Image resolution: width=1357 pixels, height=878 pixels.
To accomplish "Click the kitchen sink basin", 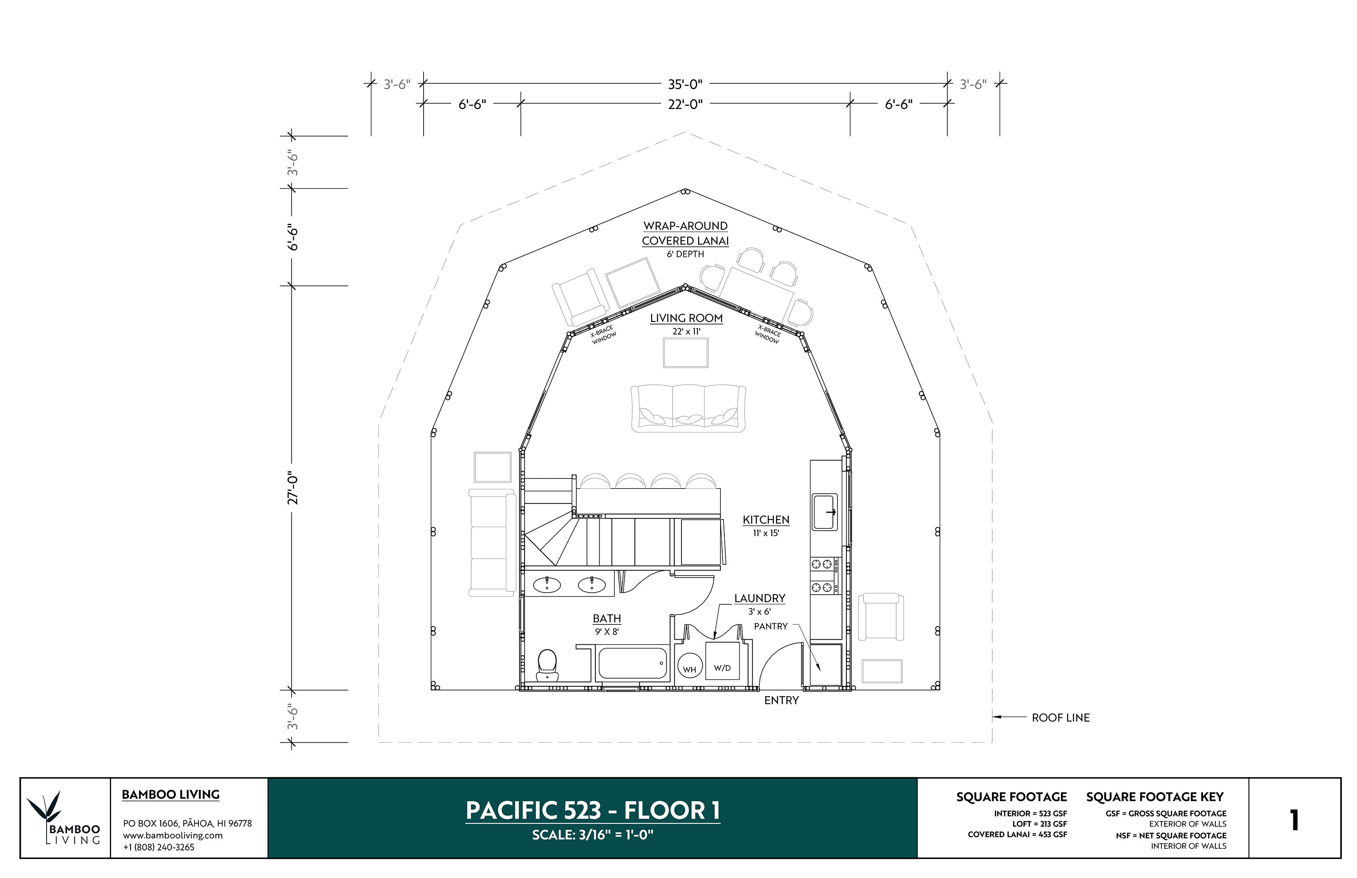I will click(824, 512).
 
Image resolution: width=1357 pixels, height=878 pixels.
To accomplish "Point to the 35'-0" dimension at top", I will click(685, 84).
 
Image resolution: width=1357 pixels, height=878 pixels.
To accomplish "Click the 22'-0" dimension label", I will click(685, 104).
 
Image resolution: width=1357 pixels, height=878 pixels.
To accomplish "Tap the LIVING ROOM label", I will click(686, 318).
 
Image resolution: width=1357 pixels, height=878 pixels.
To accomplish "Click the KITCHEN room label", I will click(765, 520).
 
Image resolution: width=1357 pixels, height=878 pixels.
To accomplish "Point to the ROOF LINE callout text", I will click(1060, 718).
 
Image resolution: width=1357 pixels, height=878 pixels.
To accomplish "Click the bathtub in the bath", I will click(631, 663).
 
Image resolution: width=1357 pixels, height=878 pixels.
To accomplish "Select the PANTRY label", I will click(771, 626).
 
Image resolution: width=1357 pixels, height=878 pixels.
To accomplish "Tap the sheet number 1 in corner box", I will click(1294, 820).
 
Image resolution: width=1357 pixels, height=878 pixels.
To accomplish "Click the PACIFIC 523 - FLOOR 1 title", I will click(592, 810).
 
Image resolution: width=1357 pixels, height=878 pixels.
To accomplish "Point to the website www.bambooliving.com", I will click(173, 835).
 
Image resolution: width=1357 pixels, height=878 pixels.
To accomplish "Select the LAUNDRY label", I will click(759, 598).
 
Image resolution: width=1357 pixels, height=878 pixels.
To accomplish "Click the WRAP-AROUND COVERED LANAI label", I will click(685, 234).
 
